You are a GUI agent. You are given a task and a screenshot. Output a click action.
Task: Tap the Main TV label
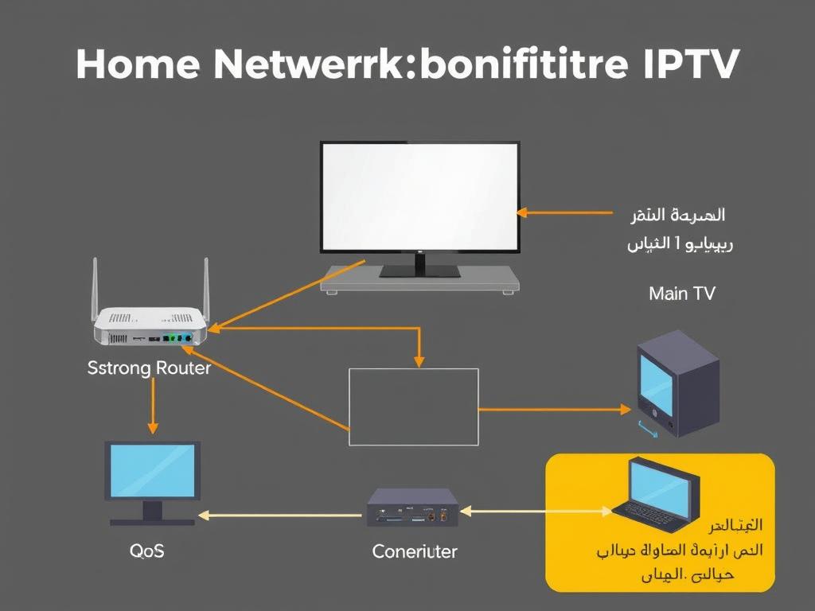(681, 294)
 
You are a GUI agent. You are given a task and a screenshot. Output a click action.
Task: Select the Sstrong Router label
(149, 368)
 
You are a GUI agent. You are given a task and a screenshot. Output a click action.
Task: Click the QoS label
(146, 551)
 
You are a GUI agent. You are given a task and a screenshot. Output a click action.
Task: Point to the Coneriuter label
(415, 551)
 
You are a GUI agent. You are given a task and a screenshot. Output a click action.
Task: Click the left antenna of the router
(95, 286)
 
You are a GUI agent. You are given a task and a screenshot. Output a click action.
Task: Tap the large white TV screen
(419, 196)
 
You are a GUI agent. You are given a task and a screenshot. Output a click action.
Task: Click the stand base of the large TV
(419, 270)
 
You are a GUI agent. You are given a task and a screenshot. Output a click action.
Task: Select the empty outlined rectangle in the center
(414, 407)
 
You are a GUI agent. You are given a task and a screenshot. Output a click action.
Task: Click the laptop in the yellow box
(657, 493)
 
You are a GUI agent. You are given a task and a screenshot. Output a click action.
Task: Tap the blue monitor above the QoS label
(152, 472)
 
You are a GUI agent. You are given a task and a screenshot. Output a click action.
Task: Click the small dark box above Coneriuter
(412, 507)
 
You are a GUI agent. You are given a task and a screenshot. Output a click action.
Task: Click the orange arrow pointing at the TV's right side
(565, 212)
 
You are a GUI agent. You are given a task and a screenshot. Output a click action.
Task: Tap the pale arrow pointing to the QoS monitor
(279, 516)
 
